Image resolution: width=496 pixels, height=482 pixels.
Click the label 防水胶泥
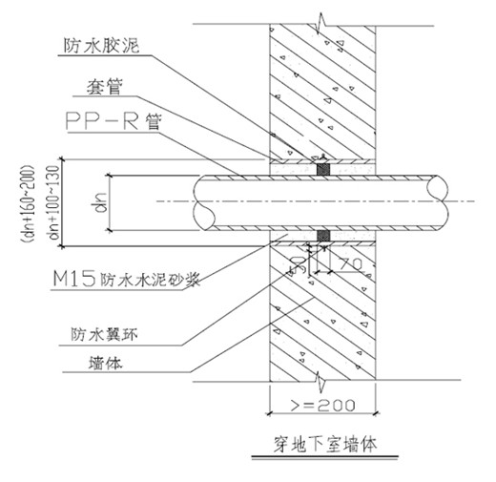point(101,46)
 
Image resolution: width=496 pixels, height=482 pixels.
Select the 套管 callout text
point(105,86)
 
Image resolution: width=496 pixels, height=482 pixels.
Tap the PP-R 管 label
point(114,121)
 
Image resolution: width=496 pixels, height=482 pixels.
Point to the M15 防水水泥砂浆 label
point(127,279)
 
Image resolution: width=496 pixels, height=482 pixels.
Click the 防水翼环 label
point(104,334)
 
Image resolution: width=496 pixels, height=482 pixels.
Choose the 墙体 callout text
point(106,363)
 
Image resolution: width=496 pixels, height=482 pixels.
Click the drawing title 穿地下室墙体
point(325,444)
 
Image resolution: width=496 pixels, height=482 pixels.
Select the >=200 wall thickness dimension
point(323,405)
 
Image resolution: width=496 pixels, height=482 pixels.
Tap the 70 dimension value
point(350,263)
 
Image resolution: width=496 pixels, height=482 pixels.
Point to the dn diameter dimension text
point(99,202)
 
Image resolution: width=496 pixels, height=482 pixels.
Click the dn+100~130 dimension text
point(53,202)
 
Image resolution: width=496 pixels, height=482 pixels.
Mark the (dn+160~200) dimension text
point(28,203)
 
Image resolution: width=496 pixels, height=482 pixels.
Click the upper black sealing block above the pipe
point(323,170)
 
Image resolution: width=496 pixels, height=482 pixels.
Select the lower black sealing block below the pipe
point(323,236)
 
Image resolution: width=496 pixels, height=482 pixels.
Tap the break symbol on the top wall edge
point(321,23)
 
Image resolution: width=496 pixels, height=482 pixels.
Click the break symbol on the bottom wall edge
point(321,381)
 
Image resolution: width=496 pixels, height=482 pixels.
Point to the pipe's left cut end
point(203,202)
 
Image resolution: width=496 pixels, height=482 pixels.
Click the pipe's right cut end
point(438,202)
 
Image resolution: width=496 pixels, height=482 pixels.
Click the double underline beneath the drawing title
point(325,458)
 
